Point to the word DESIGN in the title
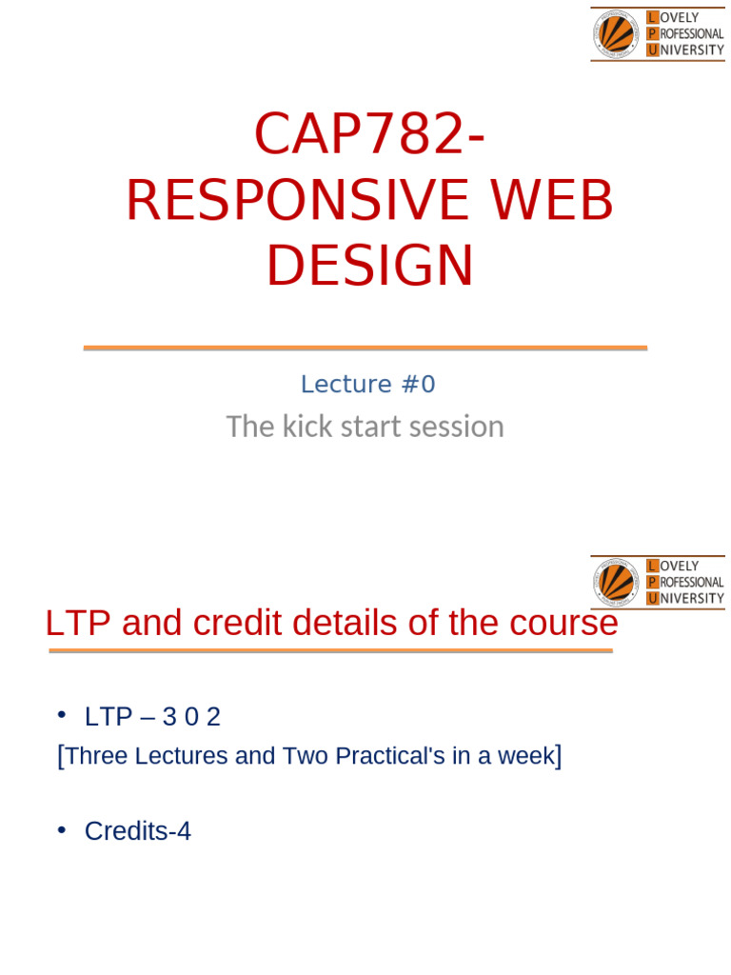coord(369,267)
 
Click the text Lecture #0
coord(367,385)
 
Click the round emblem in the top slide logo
coord(617,34)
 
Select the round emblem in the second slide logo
coord(617,583)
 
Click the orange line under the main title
coord(365,348)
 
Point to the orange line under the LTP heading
coord(330,651)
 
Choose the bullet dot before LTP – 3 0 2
coord(62,715)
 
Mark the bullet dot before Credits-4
coord(62,829)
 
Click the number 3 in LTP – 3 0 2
coord(170,717)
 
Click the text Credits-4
coord(138,831)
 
